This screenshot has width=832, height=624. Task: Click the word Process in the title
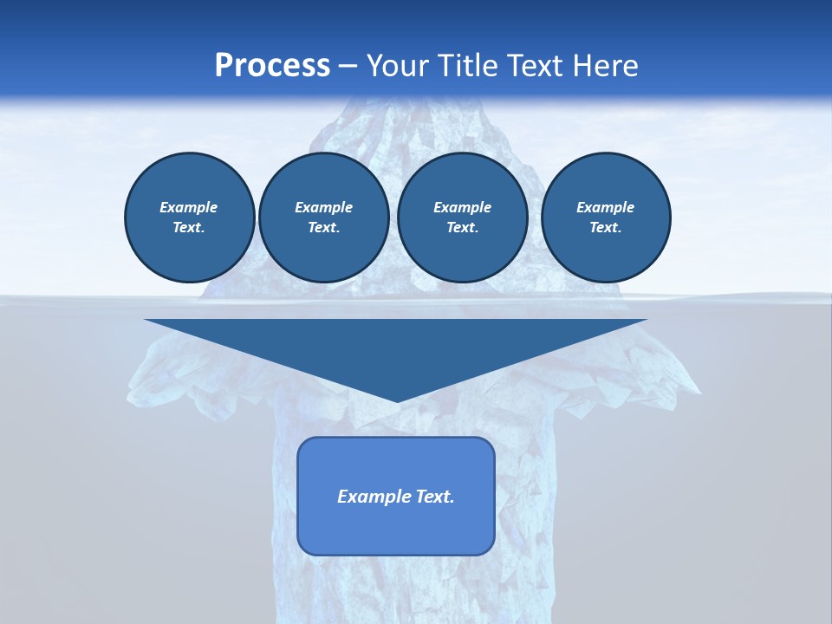(x=272, y=66)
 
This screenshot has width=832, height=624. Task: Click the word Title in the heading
(x=470, y=66)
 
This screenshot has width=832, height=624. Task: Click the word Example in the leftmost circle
(x=189, y=207)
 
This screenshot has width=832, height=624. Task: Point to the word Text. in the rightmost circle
(x=605, y=228)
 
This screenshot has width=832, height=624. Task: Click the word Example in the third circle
(x=462, y=207)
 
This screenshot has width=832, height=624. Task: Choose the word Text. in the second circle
(x=323, y=228)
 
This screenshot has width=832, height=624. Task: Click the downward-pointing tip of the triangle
(x=398, y=400)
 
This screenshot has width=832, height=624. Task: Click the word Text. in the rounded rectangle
(x=436, y=497)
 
